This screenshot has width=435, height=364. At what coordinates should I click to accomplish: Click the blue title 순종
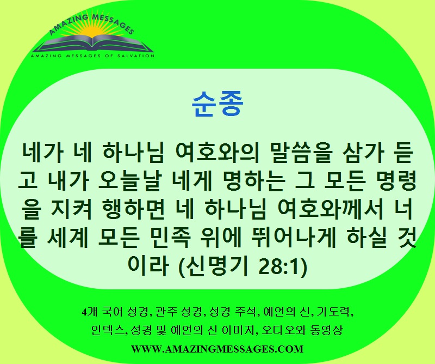tap(217, 104)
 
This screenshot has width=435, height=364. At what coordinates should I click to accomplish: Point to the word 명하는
tap(254, 181)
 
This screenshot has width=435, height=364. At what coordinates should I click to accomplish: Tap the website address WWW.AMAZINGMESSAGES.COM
tap(217, 349)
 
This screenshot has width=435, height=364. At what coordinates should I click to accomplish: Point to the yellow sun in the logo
tap(91, 31)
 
